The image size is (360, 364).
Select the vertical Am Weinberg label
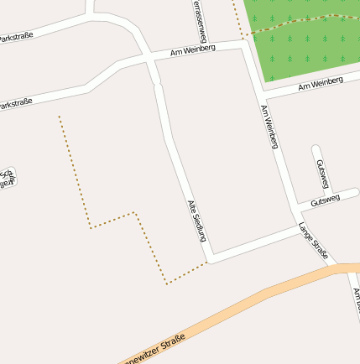point(269,127)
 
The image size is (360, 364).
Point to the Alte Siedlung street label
point(196,221)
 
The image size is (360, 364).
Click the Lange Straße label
point(313,240)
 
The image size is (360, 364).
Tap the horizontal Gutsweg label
point(325,200)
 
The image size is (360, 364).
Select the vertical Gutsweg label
point(321,174)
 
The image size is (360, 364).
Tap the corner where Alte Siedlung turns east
point(210,257)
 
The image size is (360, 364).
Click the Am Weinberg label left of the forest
point(192,49)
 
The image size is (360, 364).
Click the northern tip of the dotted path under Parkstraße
point(59,117)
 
